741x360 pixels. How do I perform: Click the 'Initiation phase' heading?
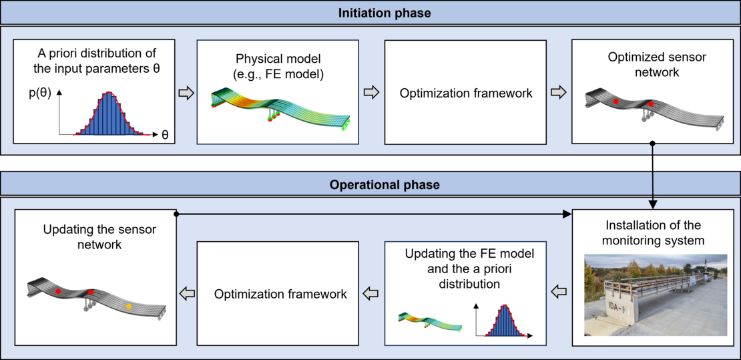pyautogui.click(x=385, y=12)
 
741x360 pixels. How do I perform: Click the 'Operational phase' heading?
pyautogui.click(x=385, y=184)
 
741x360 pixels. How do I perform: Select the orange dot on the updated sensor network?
pyautogui.click(x=129, y=307)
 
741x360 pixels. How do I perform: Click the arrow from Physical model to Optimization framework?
pyautogui.click(x=371, y=94)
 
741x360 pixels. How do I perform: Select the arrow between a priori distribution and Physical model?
pyautogui.click(x=186, y=94)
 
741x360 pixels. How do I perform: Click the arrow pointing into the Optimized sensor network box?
pyautogui.click(x=559, y=94)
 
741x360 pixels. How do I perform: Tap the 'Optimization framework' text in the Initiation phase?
pyautogui.click(x=467, y=94)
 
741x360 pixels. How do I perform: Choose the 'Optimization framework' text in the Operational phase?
pyautogui.click(x=280, y=294)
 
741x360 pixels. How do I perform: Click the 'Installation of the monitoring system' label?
pyautogui.click(x=654, y=232)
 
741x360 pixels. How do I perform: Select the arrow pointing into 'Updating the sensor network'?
pyautogui.click(x=185, y=294)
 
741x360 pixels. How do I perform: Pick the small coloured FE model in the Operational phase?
pyautogui.click(x=430, y=321)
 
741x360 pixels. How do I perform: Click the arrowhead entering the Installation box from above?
pyautogui.click(x=652, y=204)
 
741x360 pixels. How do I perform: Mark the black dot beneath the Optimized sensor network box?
pyautogui.click(x=652, y=142)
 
